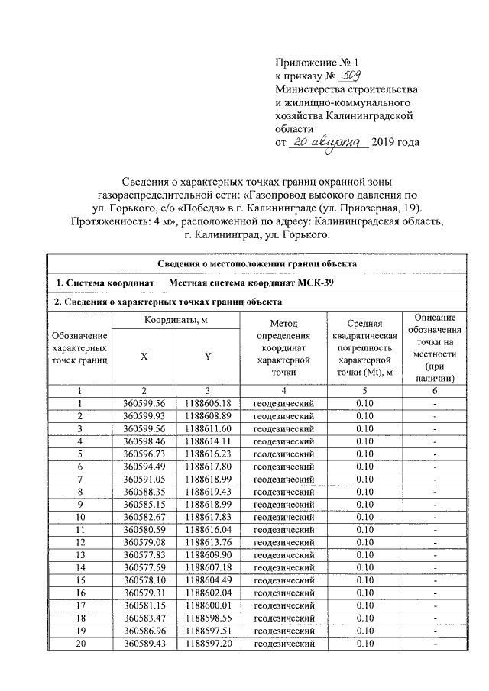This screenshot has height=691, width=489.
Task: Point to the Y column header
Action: [208, 355]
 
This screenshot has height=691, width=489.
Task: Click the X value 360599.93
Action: [144, 416]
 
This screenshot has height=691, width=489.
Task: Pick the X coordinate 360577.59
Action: [144, 567]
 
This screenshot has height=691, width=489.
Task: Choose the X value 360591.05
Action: [144, 480]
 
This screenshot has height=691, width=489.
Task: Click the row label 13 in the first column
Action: [79, 555]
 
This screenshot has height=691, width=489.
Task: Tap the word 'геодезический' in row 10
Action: [284, 517]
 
